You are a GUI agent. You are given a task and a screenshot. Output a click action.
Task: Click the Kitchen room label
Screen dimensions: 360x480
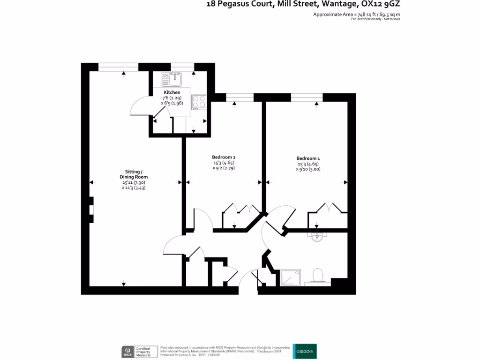[x=172, y=92]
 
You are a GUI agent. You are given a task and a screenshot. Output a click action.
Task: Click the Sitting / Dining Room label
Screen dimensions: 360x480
[x=135, y=174]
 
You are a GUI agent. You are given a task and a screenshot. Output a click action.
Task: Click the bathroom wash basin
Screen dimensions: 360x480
[x=317, y=237]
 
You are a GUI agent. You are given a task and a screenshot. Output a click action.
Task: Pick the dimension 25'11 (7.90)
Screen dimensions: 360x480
[x=135, y=182]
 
